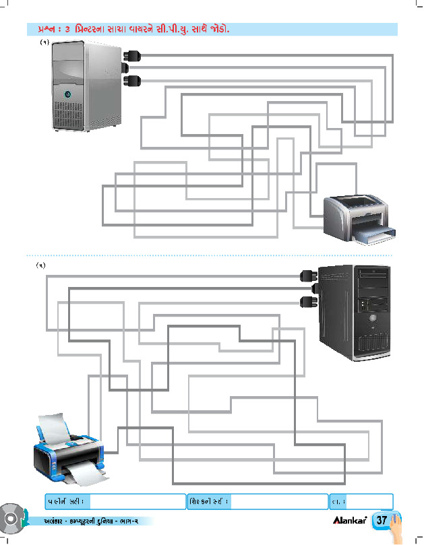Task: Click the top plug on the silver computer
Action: pyautogui.click(x=131, y=54)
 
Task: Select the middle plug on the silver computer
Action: pyautogui.click(x=131, y=67)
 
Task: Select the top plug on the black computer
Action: pyautogui.click(x=307, y=274)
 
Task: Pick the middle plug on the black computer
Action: pyautogui.click(x=307, y=288)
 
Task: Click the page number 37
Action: pyautogui.click(x=382, y=521)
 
